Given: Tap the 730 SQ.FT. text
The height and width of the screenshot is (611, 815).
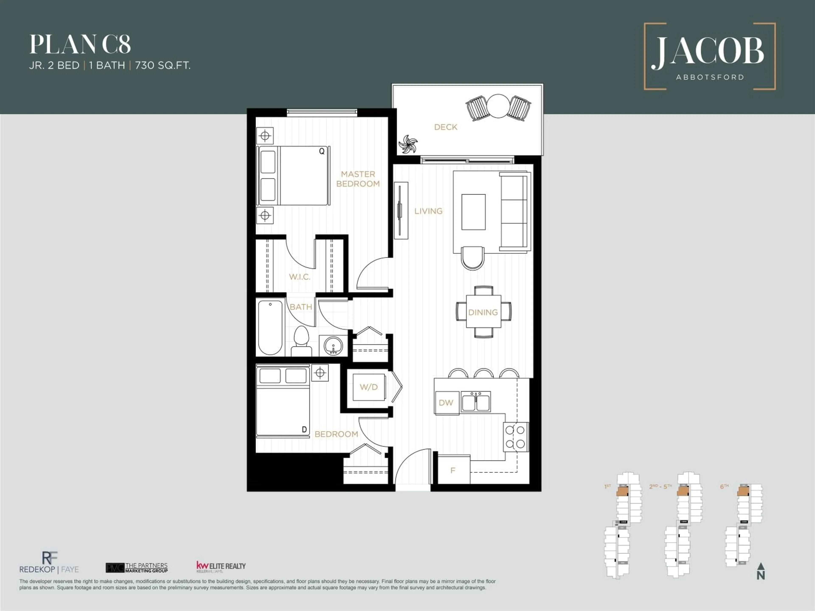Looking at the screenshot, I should click(x=163, y=66).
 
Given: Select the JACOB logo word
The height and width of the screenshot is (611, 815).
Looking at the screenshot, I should click(x=708, y=51).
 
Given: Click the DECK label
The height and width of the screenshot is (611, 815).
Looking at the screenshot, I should click(x=445, y=127).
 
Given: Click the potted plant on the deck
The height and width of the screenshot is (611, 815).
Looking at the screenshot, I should click(x=408, y=144).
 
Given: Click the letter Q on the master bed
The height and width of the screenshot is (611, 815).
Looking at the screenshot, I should click(x=322, y=151).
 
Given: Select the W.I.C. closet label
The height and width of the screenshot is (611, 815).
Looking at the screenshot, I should click(x=299, y=277).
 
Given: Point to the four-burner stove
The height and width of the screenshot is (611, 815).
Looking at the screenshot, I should click(x=516, y=437).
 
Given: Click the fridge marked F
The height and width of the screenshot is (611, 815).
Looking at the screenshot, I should click(x=453, y=470).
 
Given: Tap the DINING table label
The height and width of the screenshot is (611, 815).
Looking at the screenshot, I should click(x=483, y=312).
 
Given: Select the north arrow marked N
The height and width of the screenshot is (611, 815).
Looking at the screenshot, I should click(x=761, y=572).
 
